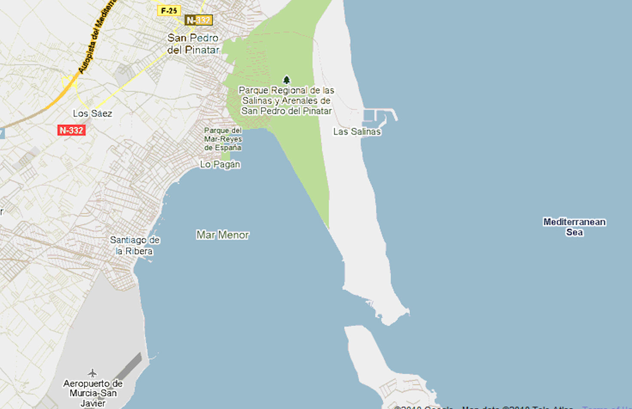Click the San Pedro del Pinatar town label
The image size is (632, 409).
pos(193,44)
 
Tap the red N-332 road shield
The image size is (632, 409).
pos(71,130)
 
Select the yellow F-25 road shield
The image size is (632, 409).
pos(169,11)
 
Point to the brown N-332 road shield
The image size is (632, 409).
pos(198,20)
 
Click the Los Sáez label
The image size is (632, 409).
pos(92,113)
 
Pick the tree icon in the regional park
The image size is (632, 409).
pos(286,80)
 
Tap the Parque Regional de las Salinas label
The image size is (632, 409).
pos(286,101)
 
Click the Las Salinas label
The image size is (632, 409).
pos(357,131)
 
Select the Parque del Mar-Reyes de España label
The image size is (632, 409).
pos(223,139)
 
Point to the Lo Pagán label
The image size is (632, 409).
pos(220,164)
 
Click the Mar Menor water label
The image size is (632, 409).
pos(223,235)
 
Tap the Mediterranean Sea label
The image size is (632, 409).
pos(574,227)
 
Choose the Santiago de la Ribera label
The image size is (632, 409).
pos(134,245)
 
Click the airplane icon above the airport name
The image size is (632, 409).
pos(92,372)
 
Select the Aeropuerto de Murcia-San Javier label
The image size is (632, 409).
pos(93,393)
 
